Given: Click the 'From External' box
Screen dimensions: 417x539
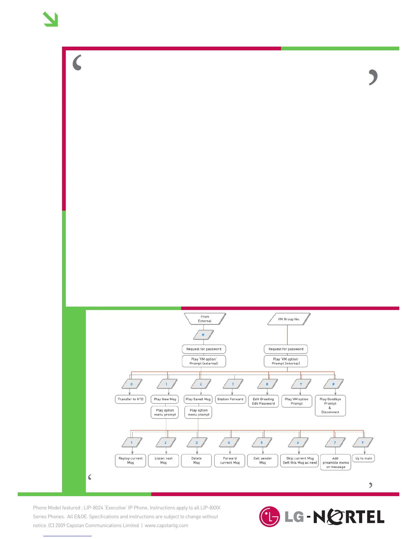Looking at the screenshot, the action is pyautogui.click(x=205, y=319).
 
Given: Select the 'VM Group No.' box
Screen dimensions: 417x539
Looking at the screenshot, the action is pyautogui.click(x=289, y=319).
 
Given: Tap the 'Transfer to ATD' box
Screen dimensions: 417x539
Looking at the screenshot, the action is pyautogui.click(x=130, y=399).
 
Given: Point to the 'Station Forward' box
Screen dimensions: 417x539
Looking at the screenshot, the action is pyautogui.click(x=230, y=399).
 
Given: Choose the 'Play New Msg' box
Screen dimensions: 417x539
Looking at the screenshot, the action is pyautogui.click(x=165, y=399).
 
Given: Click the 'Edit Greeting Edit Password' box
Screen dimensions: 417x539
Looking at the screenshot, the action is pyautogui.click(x=263, y=401).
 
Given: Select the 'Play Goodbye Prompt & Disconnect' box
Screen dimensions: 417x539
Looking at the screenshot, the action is pyautogui.click(x=330, y=406).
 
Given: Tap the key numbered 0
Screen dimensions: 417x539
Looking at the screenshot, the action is pyautogui.click(x=132, y=384).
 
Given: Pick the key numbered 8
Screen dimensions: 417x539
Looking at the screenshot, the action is pyautogui.click(x=267, y=384).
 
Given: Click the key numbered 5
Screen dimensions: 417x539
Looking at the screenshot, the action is pyautogui.click(x=262, y=443).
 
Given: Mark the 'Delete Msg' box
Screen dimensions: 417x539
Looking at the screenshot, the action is pyautogui.click(x=197, y=460).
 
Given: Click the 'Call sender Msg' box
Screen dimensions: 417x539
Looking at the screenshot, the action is pyautogui.click(x=263, y=460).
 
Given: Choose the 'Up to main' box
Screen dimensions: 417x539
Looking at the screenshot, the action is pyautogui.click(x=364, y=458).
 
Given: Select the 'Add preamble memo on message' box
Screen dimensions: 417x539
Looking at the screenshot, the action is pyautogui.click(x=336, y=463).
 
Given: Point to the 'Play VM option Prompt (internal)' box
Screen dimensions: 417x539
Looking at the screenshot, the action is pyautogui.click(x=286, y=361).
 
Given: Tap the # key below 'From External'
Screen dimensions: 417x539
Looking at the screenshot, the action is pyautogui.click(x=203, y=335).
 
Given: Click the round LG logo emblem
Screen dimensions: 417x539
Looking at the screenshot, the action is pyautogui.click(x=269, y=517).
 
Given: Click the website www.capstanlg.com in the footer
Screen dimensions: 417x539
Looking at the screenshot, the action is pyautogui.click(x=166, y=525).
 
